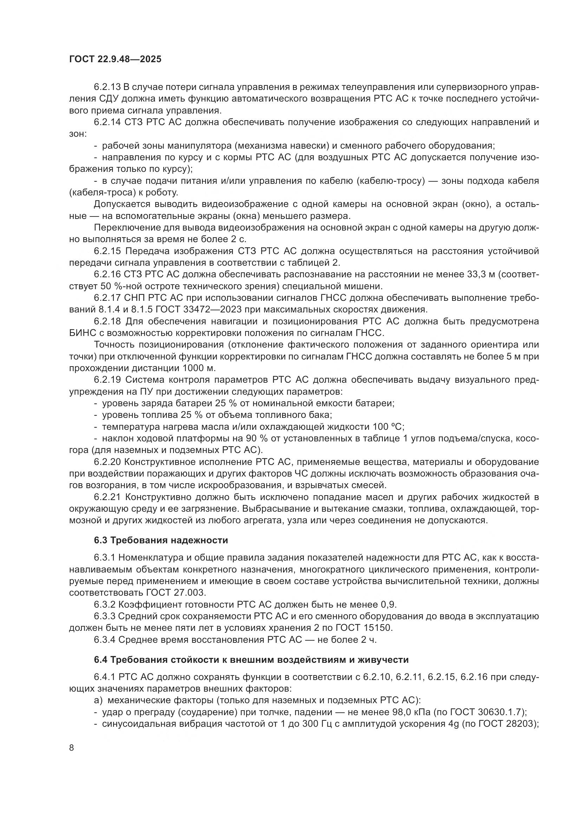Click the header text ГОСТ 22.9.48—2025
pos(115,59)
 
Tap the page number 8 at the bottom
pos(72,747)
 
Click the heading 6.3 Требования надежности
pos(161,540)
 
